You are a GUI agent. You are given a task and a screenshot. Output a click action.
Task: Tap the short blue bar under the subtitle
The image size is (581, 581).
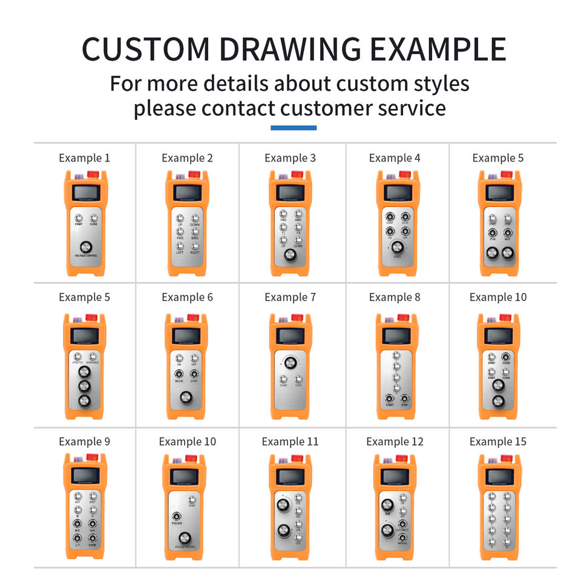click(293, 128)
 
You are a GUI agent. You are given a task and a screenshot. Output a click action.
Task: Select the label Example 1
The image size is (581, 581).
click(85, 158)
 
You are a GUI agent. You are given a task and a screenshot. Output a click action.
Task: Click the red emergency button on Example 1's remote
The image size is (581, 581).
click(93, 174)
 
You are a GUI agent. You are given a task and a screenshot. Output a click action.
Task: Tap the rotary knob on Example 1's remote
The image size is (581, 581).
click(85, 246)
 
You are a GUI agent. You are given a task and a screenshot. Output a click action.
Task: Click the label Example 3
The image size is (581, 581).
click(290, 158)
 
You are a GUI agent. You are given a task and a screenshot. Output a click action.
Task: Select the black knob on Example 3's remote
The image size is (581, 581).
click(290, 257)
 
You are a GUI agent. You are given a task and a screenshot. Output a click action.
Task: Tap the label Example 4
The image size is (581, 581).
click(395, 158)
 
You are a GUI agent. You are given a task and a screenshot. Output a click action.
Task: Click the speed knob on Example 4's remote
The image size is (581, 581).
click(397, 248)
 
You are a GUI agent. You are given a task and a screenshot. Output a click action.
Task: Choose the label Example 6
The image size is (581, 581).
click(187, 297)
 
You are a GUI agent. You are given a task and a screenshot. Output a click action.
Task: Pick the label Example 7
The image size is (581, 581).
click(290, 297)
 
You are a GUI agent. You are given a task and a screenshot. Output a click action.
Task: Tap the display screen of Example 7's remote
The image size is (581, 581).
click(290, 335)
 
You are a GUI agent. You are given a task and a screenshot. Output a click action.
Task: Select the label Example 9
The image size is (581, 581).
click(85, 442)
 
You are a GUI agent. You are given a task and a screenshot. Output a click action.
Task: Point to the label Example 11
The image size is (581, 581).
click(290, 442)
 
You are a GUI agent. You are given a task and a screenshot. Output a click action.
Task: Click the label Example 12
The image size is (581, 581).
click(395, 442)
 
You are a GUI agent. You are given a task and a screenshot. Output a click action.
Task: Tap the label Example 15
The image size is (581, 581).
click(498, 442)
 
